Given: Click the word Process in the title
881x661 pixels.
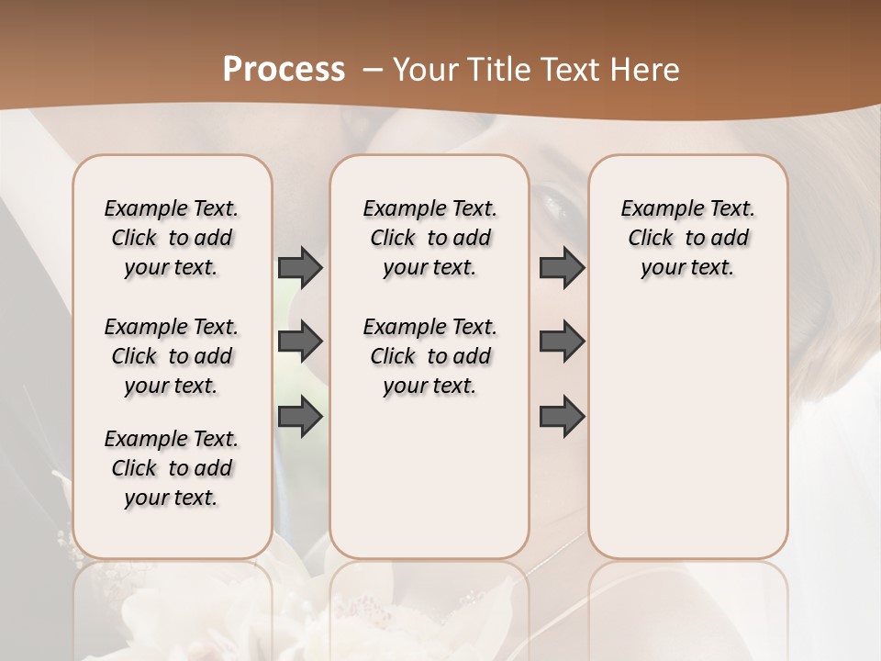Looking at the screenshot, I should point(284,70).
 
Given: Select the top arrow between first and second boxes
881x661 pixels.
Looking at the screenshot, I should point(300,267).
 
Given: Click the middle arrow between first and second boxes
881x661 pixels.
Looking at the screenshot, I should point(300,342).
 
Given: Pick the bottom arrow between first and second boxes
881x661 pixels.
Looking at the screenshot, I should point(300,417).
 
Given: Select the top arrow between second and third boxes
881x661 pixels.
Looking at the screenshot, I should point(562,267).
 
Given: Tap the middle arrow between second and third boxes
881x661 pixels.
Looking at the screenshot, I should point(562,342).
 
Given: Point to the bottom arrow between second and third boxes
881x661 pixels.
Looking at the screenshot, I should point(562,417).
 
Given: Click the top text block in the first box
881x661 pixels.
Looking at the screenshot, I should point(172,238).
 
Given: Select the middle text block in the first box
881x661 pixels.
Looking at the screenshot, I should point(172,356).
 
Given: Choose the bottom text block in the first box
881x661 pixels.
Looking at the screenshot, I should point(172,468).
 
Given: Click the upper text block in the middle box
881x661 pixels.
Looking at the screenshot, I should point(429,238).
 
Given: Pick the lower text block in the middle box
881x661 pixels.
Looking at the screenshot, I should point(429,356).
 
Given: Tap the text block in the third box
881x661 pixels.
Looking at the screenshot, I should point(687,238).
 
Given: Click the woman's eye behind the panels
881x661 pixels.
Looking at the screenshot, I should point(555,198).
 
